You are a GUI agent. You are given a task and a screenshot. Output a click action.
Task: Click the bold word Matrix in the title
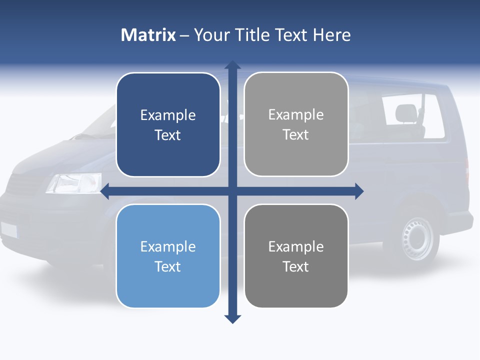point(148,35)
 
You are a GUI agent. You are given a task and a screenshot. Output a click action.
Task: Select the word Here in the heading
point(331,35)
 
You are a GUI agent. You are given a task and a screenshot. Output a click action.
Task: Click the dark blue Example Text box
point(168,125)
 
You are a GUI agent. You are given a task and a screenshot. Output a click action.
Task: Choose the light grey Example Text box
point(296,124)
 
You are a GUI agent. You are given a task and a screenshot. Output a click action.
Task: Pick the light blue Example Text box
point(168,256)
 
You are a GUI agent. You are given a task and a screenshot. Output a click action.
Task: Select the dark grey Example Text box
point(296,256)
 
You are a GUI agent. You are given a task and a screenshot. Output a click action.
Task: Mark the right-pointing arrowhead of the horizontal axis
point(358,191)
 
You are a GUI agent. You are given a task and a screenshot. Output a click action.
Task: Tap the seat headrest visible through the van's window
point(405,113)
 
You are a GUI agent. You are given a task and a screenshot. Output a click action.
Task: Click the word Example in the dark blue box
point(168,115)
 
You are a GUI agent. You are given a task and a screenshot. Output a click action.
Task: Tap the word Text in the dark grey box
point(296,266)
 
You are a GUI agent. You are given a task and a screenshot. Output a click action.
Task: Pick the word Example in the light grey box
point(296,115)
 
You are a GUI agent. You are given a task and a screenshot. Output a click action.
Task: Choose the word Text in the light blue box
point(168,266)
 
